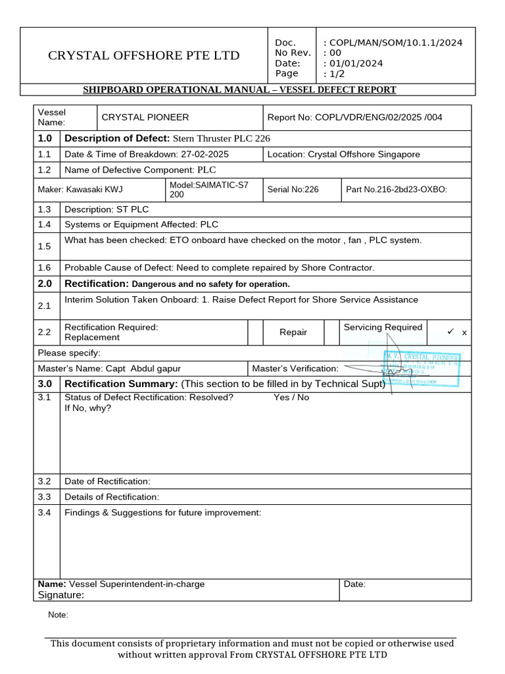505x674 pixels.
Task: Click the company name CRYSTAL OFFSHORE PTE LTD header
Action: click(x=143, y=55)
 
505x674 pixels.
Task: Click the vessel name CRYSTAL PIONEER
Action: click(x=145, y=117)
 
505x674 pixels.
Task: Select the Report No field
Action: click(x=355, y=117)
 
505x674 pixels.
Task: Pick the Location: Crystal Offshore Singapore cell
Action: click(x=344, y=154)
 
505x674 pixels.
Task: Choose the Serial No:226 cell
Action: click(x=293, y=190)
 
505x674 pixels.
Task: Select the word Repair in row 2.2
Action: click(x=293, y=332)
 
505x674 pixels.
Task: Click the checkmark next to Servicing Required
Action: click(x=451, y=332)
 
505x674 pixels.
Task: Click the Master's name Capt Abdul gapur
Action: click(x=143, y=369)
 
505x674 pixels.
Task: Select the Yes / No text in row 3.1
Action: click(x=291, y=398)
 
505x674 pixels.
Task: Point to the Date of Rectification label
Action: click(x=107, y=481)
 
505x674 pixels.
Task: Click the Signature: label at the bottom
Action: click(x=61, y=595)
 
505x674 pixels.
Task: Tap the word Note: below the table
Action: click(x=59, y=615)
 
